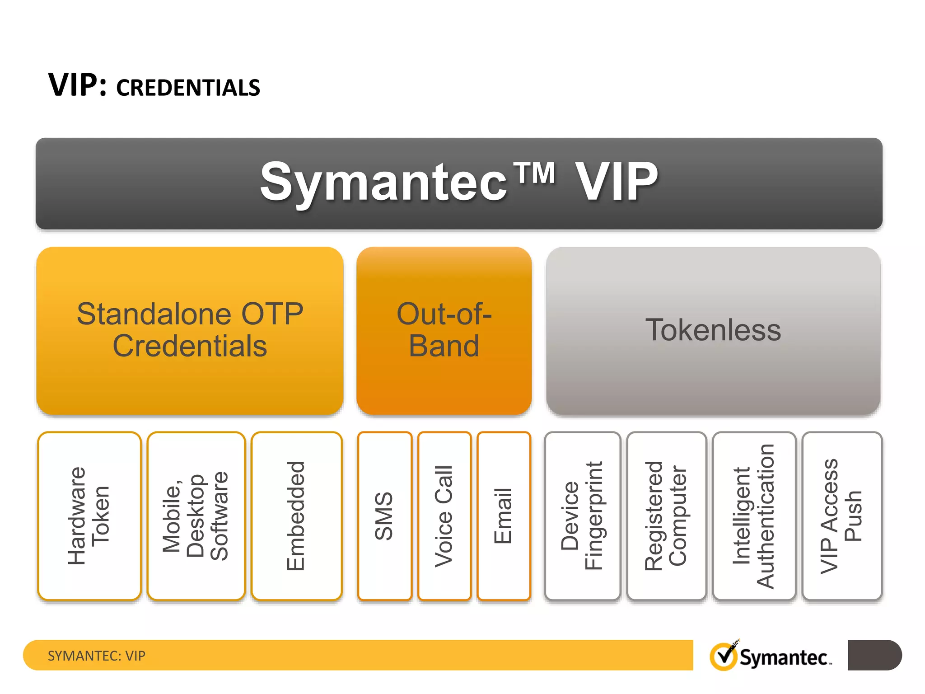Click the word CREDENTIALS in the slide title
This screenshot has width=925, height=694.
point(188,88)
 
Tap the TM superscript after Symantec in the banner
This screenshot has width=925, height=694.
point(536,173)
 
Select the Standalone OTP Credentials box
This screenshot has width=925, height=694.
point(190,330)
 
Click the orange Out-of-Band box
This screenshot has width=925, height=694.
point(444,330)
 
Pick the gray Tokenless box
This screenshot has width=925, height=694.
point(713,330)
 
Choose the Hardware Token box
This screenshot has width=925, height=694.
point(89,516)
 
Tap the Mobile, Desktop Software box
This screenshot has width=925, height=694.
point(196,516)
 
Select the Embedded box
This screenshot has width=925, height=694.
point(296,516)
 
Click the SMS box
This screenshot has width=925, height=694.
point(384,516)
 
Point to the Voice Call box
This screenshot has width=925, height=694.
point(444,516)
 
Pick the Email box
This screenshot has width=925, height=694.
point(503,516)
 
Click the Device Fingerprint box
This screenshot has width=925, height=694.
point(582,516)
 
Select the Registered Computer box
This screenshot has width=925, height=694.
point(666,516)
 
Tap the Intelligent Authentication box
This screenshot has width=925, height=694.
point(753,516)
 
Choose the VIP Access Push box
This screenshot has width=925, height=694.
point(841,516)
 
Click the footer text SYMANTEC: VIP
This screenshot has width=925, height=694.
point(97,656)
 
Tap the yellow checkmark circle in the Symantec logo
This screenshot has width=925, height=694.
point(723,656)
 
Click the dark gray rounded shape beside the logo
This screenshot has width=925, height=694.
point(874,655)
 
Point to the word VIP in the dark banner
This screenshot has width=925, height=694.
point(616,182)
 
